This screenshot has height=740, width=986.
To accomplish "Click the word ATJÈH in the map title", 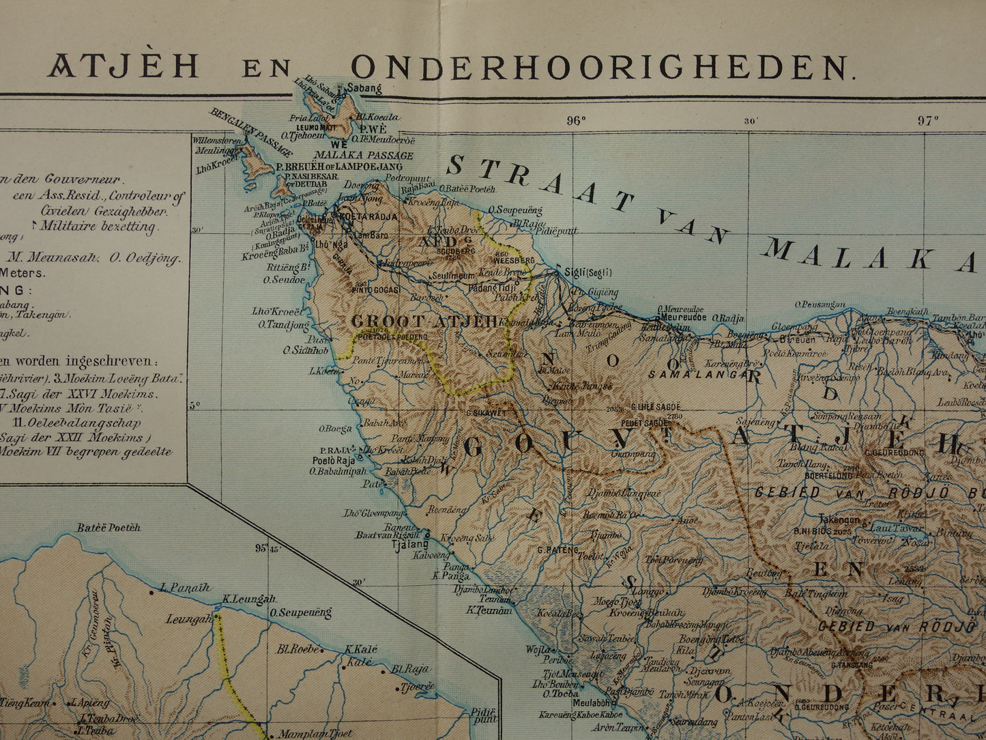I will coord(123,66).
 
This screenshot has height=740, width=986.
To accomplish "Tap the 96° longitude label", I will coord(575,121).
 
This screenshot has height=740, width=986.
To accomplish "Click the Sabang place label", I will coord(364,88).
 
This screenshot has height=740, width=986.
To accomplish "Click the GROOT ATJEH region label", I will coord(425,321).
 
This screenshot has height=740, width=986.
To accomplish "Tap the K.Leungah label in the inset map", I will coord(248,599).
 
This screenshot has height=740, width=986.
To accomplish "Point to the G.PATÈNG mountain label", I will coord(557,549).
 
